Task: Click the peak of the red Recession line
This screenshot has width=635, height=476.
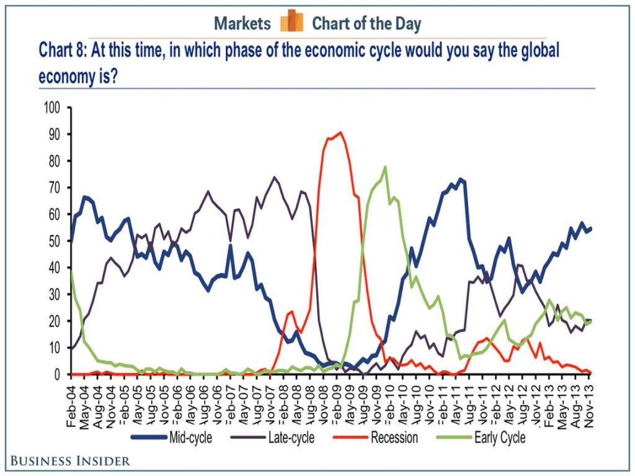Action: [x=340, y=132]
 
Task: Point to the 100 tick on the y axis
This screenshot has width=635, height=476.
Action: [x=54, y=108]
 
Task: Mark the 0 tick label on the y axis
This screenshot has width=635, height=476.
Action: [x=61, y=374]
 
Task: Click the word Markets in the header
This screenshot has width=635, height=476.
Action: [x=242, y=24]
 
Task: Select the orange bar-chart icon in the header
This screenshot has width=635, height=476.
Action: [x=291, y=22]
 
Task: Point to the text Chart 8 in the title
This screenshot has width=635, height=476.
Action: [x=62, y=50]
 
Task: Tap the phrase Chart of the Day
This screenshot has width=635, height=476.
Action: [x=366, y=24]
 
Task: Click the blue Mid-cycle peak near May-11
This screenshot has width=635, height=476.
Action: [x=460, y=179]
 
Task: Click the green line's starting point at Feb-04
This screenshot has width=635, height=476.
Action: [x=73, y=271]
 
